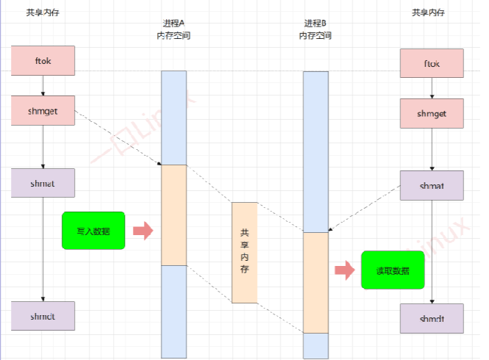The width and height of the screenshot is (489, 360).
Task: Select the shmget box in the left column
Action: click(x=43, y=110)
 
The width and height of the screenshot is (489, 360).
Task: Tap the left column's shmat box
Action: click(x=43, y=182)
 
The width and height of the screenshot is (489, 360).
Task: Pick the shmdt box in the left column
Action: click(x=43, y=315)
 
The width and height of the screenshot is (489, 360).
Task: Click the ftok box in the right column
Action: click(x=432, y=63)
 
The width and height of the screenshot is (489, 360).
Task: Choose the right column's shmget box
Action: click(x=432, y=114)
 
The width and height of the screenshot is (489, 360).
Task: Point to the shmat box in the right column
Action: click(x=432, y=185)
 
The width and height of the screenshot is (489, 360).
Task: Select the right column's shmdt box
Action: click(x=432, y=319)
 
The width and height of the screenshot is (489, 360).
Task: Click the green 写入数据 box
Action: click(x=93, y=230)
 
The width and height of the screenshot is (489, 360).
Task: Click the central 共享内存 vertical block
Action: click(x=245, y=252)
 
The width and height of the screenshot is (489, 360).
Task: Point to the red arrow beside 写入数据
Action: click(x=142, y=230)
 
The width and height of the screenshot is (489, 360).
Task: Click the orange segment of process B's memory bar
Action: click(x=316, y=282)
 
